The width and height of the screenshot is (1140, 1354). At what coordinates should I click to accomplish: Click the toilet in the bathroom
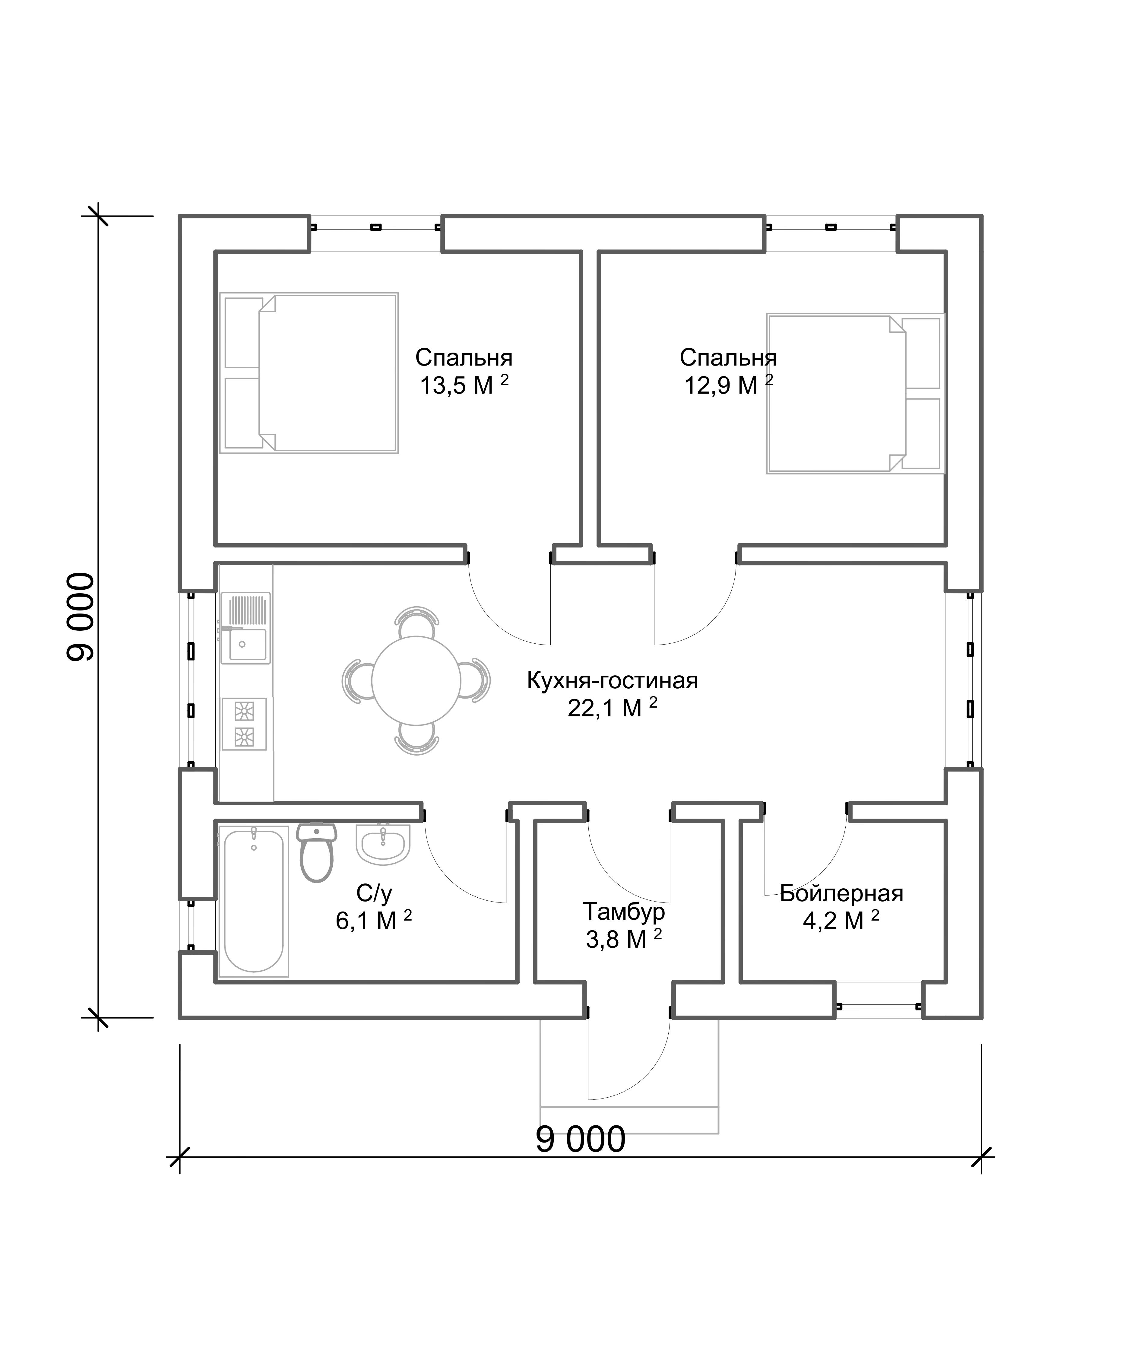coord(317,852)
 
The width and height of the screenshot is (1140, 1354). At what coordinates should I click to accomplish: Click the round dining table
coord(416,680)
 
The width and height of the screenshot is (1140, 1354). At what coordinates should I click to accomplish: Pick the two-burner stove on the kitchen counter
coord(244,724)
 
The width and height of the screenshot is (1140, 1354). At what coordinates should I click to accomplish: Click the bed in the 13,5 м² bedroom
coord(309,373)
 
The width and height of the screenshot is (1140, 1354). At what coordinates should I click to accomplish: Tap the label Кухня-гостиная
coord(613,680)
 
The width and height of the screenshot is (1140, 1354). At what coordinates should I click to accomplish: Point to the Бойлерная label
coord(841,893)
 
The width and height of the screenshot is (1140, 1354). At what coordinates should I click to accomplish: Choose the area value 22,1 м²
coord(613,708)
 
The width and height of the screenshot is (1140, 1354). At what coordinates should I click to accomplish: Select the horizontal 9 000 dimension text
coord(580,1139)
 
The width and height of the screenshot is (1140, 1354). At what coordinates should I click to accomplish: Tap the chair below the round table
coord(416,739)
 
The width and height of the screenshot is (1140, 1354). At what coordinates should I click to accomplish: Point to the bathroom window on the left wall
coord(191,925)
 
